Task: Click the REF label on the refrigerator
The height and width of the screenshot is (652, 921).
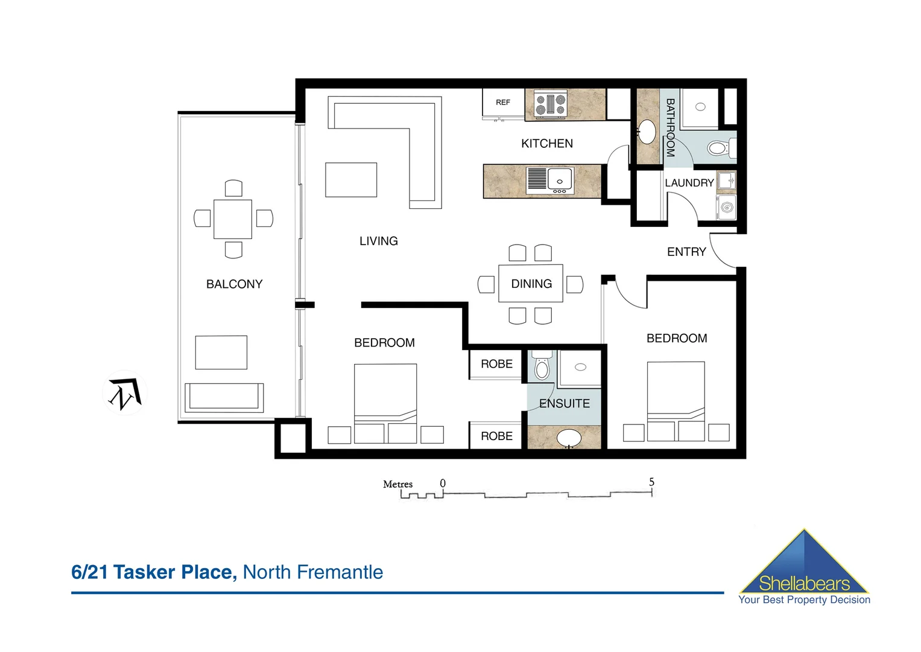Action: (x=502, y=103)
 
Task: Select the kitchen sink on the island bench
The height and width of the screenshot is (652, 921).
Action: (x=560, y=180)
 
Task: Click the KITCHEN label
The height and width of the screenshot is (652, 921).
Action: (x=546, y=144)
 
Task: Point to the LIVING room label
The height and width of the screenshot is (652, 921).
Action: (x=378, y=241)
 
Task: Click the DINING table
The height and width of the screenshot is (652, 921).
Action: (x=531, y=284)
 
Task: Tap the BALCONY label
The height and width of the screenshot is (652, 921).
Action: (x=234, y=284)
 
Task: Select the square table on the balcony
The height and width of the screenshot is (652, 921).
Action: (x=233, y=219)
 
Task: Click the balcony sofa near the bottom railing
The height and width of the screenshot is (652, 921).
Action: (x=224, y=397)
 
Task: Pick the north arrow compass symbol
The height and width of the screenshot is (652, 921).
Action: (x=125, y=393)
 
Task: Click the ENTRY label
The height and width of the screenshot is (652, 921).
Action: (x=686, y=252)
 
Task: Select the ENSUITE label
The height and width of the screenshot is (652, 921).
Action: (x=564, y=403)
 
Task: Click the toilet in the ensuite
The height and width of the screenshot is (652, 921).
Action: (x=542, y=366)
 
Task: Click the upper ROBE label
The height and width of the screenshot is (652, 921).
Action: (x=496, y=364)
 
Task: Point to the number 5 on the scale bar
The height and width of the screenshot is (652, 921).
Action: (x=651, y=482)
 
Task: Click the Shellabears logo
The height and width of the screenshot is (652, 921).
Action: (x=804, y=568)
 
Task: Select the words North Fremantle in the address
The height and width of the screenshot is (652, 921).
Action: (x=312, y=572)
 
